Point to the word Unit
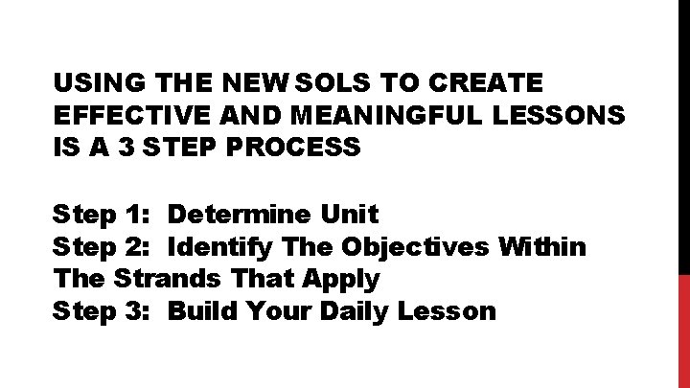(354, 213)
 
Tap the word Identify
(221, 247)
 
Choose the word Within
(542, 247)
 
